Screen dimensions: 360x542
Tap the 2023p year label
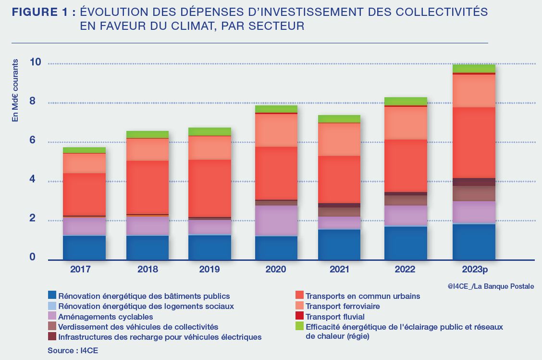coord(473,270)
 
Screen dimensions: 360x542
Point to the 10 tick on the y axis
coord(35,63)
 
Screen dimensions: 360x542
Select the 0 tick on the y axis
coord(33,257)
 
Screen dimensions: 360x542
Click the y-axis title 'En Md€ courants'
coord(15,90)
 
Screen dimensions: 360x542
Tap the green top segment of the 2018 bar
coord(147,134)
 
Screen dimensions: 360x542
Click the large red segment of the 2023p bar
coord(474,142)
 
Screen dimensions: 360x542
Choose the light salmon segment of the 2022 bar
coord(406,123)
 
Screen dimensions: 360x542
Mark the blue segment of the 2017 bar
coord(84,247)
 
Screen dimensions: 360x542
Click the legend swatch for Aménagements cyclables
coord(52,316)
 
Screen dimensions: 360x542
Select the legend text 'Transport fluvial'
coord(335,317)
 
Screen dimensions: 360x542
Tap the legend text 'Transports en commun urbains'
coord(363,296)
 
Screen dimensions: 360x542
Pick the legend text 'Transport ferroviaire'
coord(343,306)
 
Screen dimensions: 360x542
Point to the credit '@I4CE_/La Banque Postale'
coord(494,286)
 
